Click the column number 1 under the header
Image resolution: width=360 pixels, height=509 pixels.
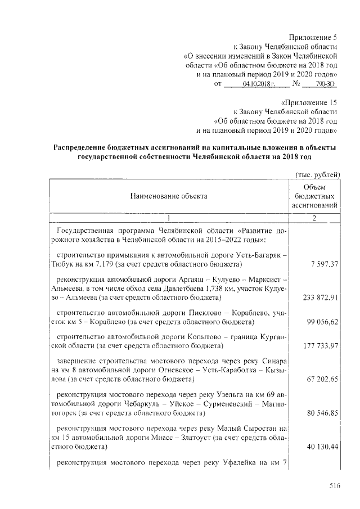point(168,218)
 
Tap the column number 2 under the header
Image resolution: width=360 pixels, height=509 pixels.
point(316,218)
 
